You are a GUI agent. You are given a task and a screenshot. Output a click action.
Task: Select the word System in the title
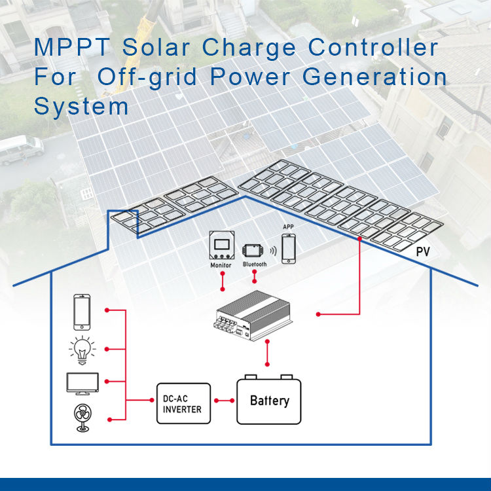[x=81, y=106]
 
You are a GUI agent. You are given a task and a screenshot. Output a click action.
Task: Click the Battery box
[x=269, y=399]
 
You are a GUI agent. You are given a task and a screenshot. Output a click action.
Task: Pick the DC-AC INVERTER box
[x=183, y=403]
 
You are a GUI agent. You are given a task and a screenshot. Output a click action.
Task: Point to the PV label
[x=423, y=251]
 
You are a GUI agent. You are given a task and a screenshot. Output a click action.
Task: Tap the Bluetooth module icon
[x=255, y=251]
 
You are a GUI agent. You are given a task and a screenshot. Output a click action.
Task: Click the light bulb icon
[x=82, y=348]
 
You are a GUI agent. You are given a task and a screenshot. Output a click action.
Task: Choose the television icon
[x=82, y=383]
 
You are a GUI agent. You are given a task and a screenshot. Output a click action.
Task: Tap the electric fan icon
[x=83, y=417]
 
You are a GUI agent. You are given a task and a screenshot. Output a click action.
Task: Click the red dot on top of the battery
[x=267, y=364]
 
